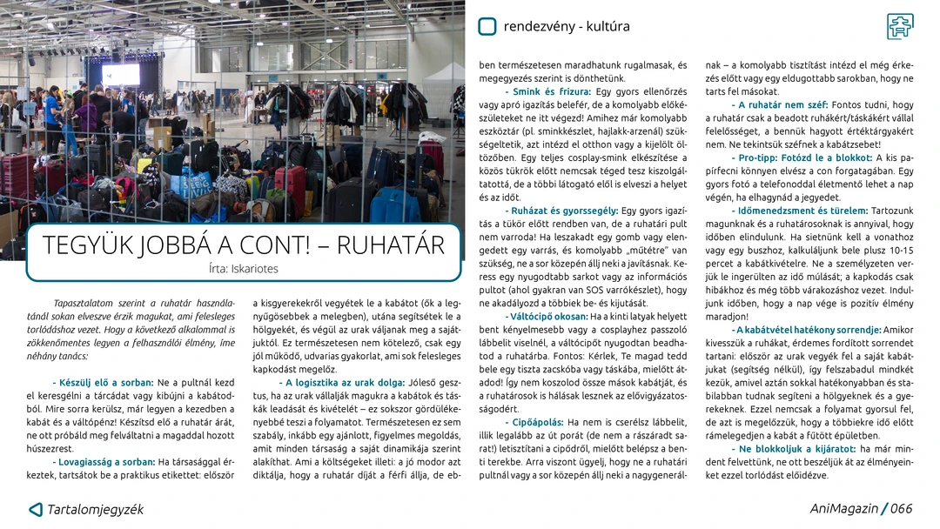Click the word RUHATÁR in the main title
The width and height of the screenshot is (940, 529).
click(x=390, y=245)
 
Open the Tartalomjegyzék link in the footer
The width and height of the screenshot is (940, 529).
click(x=95, y=509)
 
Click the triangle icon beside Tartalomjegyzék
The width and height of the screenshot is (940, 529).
click(x=36, y=509)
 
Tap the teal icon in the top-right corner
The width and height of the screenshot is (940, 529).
click(x=900, y=26)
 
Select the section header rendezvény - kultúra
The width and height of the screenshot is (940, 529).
click(x=567, y=26)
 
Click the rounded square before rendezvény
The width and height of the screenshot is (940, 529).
click(x=487, y=26)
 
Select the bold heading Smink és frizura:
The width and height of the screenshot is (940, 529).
click(x=547, y=91)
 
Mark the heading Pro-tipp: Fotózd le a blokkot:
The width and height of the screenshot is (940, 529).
click(x=802, y=157)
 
